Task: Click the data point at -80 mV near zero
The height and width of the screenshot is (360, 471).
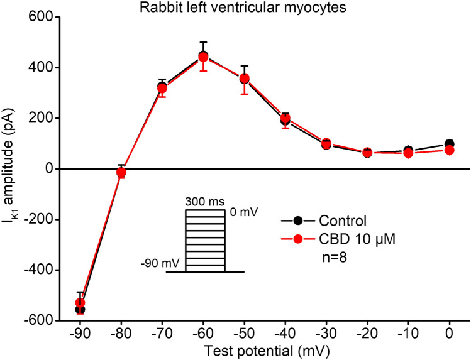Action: click(x=121, y=172)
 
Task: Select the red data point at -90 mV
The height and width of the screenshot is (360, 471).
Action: click(x=80, y=303)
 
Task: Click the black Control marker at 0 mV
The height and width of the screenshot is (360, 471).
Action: click(x=449, y=145)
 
